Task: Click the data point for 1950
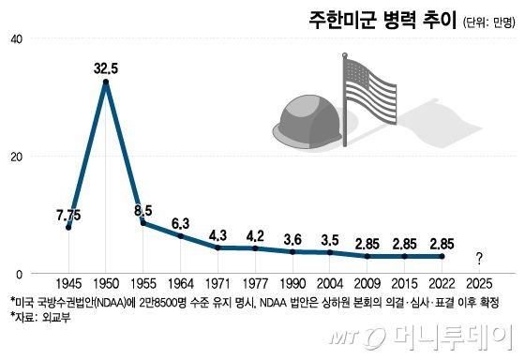click(x=106, y=82)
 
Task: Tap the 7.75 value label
click(x=68, y=213)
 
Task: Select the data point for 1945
click(x=68, y=228)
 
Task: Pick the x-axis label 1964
click(x=181, y=281)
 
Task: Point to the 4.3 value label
click(x=218, y=234)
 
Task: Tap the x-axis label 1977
click(x=255, y=281)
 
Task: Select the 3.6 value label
click(x=292, y=238)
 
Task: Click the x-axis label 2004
click(x=330, y=281)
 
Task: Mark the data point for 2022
click(x=442, y=256)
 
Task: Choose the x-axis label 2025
click(x=479, y=281)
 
